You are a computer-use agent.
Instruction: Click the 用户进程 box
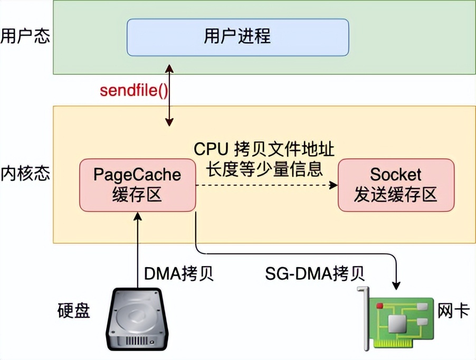tap(237, 37)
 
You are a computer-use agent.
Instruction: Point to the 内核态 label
tap(25, 174)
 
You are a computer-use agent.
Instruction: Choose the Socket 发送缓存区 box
tap(396, 185)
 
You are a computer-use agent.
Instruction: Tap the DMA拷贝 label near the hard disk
tap(179, 274)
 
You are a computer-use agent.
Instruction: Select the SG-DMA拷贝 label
tap(315, 274)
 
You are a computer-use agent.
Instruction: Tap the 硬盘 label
tap(73, 310)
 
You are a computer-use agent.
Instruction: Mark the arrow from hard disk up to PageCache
tap(138, 248)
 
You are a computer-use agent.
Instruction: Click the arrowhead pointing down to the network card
tap(396, 285)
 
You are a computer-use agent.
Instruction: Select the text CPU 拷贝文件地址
tap(264, 149)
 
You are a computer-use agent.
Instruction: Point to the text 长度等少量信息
tap(264, 168)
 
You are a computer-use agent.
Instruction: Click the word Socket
tap(396, 175)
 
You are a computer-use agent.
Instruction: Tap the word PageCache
tap(137, 175)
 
